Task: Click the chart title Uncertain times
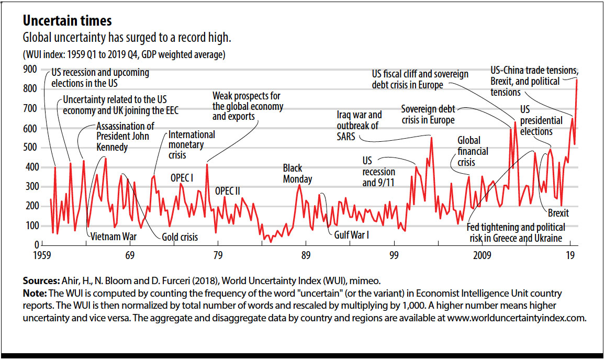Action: pyautogui.click(x=66, y=21)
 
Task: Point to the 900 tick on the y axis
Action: pyautogui.click(x=30, y=70)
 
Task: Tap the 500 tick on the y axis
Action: pyautogui.click(x=30, y=148)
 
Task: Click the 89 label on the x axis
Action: pyautogui.click(x=306, y=255)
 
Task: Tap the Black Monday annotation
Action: pyautogui.click(x=297, y=174)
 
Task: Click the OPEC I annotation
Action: pyautogui.click(x=182, y=178)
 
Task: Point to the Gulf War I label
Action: pyautogui.click(x=351, y=235)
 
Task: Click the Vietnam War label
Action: pyautogui.click(x=114, y=237)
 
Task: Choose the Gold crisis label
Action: pyautogui.click(x=180, y=237)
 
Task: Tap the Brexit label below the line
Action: pyautogui.click(x=558, y=213)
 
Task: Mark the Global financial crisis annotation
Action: pyautogui.click(x=473, y=151)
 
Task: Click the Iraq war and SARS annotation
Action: pyautogui.click(x=360, y=126)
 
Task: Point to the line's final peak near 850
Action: pyautogui.click(x=576, y=80)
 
